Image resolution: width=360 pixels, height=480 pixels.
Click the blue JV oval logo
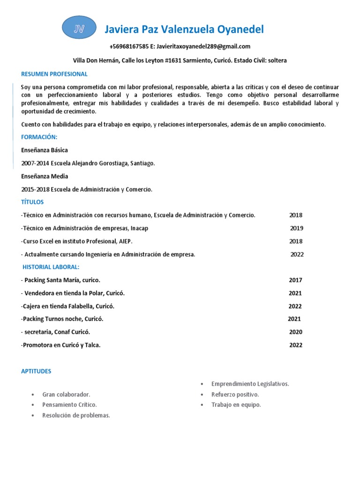79,29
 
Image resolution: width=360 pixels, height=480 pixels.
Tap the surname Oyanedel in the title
240,30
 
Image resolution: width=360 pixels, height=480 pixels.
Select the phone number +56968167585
129,46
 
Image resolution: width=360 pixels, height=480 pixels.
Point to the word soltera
276,60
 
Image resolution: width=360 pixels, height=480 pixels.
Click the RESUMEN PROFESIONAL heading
54,74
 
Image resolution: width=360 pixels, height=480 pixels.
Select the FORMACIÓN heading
39,137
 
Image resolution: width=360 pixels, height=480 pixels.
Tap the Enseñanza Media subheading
45,176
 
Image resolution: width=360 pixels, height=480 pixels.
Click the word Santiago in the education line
140,163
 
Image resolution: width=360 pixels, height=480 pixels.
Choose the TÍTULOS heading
32,202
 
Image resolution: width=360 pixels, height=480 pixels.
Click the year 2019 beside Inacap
296,228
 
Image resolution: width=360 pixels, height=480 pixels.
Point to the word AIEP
125,241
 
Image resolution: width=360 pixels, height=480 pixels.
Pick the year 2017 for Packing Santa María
295,280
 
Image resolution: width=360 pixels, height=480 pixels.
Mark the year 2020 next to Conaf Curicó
296,332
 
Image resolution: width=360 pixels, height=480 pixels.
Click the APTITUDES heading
36,371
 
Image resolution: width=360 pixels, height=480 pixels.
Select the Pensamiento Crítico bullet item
69,405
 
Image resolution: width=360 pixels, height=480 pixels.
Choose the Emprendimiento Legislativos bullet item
250,383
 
